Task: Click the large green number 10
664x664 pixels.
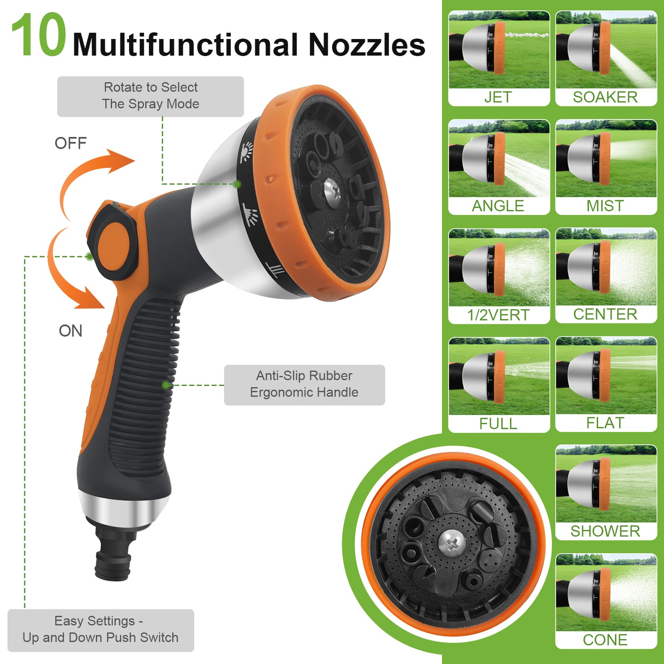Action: pyautogui.click(x=38, y=34)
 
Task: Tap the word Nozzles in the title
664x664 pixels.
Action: pyautogui.click(x=367, y=45)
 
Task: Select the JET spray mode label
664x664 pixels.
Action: pyautogui.click(x=498, y=97)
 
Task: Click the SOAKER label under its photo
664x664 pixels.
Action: pyautogui.click(x=605, y=97)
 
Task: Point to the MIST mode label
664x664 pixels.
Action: pyautogui.click(x=605, y=206)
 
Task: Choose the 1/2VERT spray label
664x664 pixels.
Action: pyautogui.click(x=498, y=315)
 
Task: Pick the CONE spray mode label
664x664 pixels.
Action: pyautogui.click(x=605, y=640)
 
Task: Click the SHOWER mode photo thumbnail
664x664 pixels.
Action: pyautogui.click(x=606, y=483)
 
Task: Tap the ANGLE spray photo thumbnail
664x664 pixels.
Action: pyautogui.click(x=499, y=158)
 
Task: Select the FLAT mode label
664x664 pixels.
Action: pyautogui.click(x=605, y=423)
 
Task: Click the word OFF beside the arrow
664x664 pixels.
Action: pyautogui.click(x=70, y=143)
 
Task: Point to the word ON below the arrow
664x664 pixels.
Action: pyautogui.click(x=70, y=331)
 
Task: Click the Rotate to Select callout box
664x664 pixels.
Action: pyautogui.click(x=151, y=96)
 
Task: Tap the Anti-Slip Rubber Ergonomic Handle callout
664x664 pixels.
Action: pyautogui.click(x=304, y=385)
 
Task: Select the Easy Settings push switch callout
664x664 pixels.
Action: pyautogui.click(x=101, y=630)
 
